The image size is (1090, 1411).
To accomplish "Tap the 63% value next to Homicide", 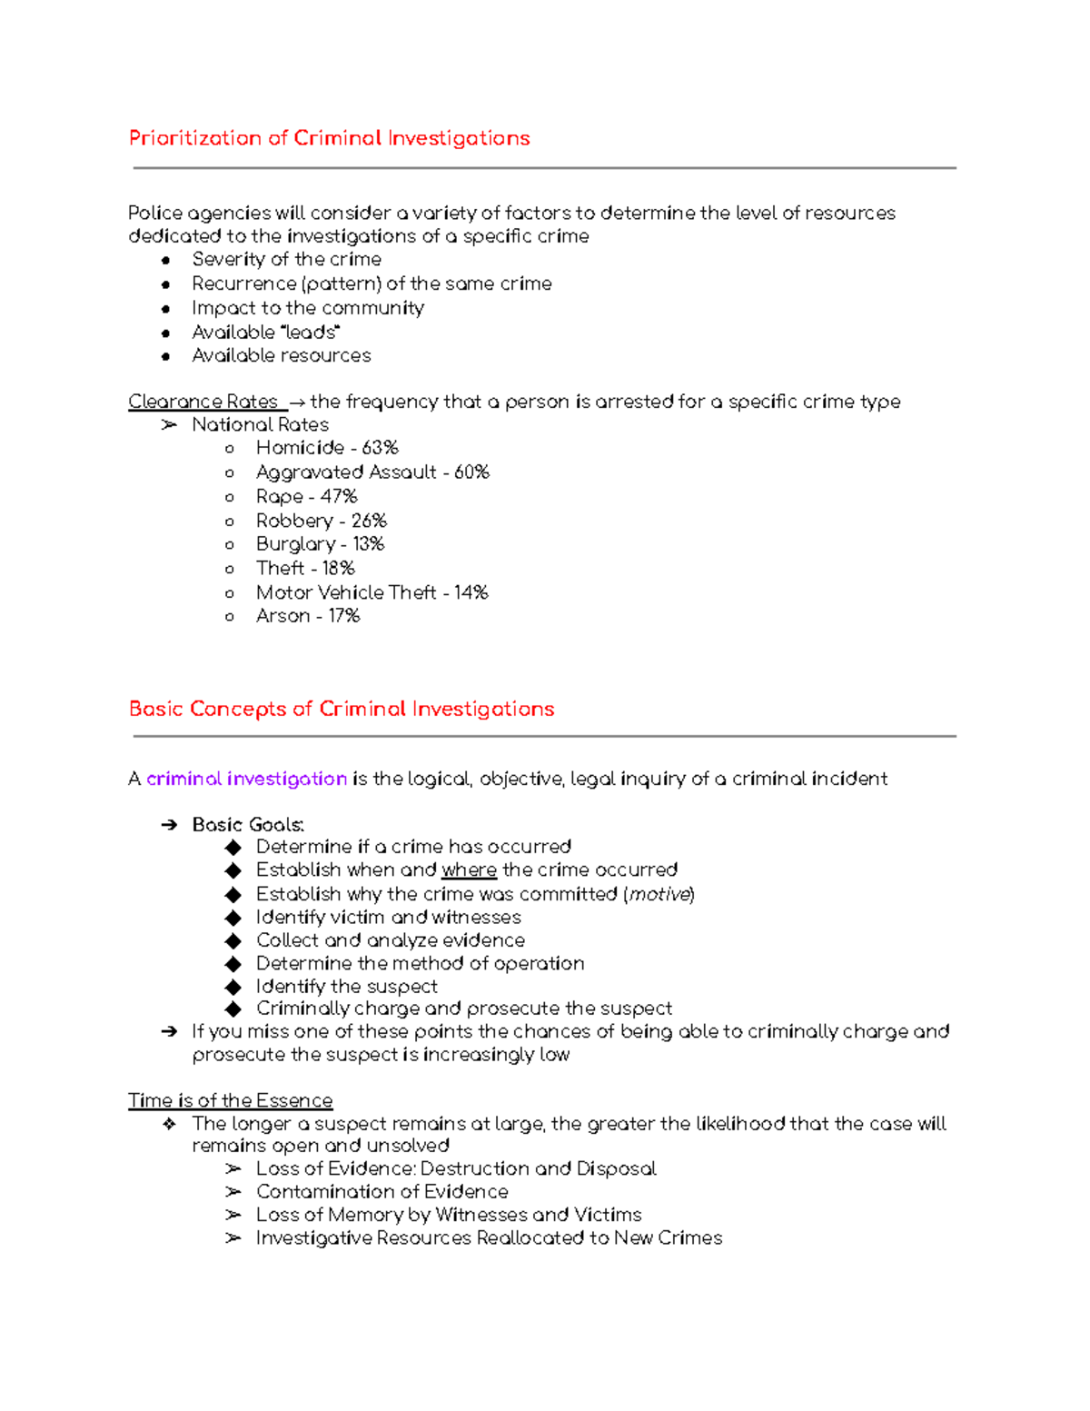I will click(x=380, y=448).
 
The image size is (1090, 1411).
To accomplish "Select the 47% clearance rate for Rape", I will click(x=339, y=497).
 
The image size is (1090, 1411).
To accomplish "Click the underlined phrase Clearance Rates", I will click(x=203, y=402).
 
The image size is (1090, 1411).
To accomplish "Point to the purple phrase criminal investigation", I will click(x=246, y=779).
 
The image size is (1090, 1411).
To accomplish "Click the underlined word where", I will click(x=469, y=870).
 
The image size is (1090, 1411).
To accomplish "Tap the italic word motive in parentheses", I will click(x=659, y=894).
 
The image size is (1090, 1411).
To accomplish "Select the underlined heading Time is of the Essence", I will click(x=230, y=1100).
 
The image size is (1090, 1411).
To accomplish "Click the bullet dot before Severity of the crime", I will click(x=165, y=260).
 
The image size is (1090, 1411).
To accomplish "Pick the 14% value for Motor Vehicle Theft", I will click(x=471, y=592).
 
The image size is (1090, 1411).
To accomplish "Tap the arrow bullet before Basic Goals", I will click(x=169, y=825).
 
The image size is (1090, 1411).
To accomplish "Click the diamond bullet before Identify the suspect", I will click(x=233, y=987).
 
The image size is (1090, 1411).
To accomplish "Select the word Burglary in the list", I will click(x=295, y=544).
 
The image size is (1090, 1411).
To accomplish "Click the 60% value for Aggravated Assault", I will click(x=471, y=472).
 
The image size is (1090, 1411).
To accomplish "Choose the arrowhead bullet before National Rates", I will click(x=169, y=425).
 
